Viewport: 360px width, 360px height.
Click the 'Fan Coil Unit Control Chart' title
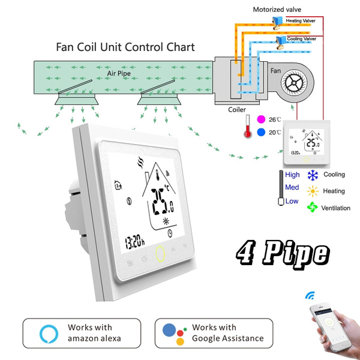(125, 46)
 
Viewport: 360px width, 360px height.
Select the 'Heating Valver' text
(302, 20)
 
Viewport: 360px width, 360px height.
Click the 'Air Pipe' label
(119, 73)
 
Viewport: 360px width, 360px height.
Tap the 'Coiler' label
(237, 110)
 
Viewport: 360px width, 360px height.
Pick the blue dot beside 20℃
(260, 132)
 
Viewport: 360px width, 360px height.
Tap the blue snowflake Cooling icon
(313, 175)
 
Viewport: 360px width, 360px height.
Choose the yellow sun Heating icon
(313, 191)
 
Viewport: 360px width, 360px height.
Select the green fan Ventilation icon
(313, 207)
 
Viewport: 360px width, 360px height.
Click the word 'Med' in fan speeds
(292, 188)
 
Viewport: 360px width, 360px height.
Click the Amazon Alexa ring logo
(47, 333)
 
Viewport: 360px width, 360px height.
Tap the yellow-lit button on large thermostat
(160, 254)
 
